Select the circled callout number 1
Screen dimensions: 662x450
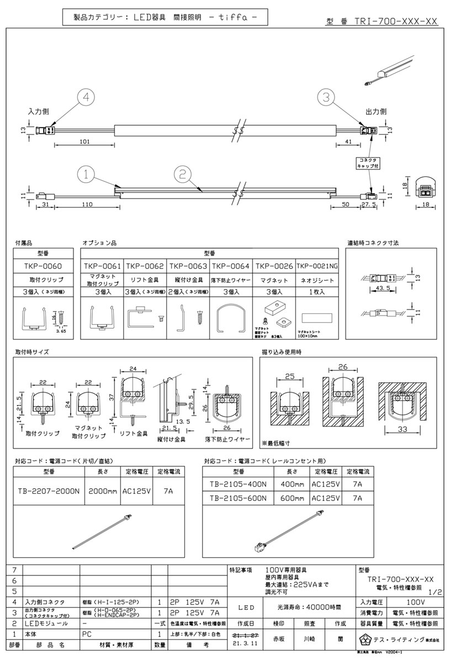click(87, 174)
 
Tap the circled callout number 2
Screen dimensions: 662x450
click(182, 174)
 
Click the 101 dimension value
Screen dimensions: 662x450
click(84, 141)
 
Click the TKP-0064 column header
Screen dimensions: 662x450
click(231, 265)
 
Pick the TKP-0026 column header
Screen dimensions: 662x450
click(274, 265)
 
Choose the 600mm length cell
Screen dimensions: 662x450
click(292, 498)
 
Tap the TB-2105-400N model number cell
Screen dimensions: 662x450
click(239, 484)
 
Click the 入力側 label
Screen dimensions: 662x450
click(39, 111)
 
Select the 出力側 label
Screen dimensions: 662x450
click(375, 111)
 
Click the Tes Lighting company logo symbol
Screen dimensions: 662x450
click(364, 640)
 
